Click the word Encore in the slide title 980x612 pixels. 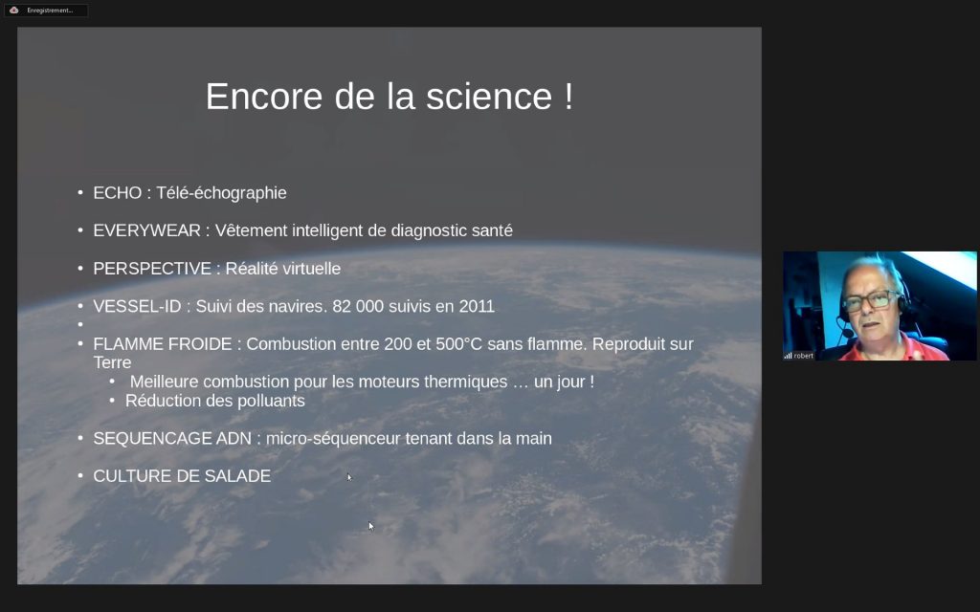click(x=264, y=97)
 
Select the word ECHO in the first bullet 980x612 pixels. click(x=118, y=193)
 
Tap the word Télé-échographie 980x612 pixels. click(x=221, y=193)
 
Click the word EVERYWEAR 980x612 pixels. click(x=146, y=231)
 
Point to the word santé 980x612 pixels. click(x=492, y=231)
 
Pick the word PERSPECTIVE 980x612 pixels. click(x=152, y=269)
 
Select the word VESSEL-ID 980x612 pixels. click(x=137, y=307)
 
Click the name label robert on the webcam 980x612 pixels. click(x=804, y=356)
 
